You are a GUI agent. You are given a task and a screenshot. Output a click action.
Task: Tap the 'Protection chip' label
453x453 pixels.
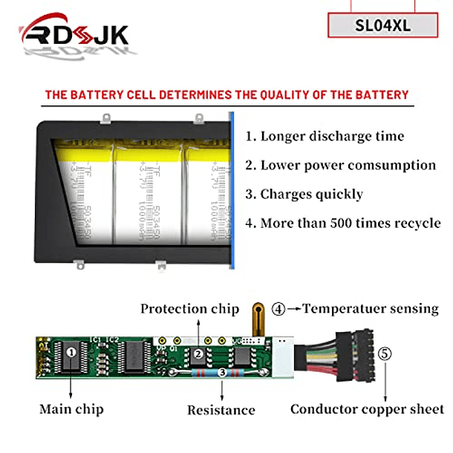coord(190,309)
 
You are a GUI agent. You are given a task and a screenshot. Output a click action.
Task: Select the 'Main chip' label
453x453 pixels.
coord(71,409)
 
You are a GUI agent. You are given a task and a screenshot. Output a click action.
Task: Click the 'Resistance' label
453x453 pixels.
coord(221,410)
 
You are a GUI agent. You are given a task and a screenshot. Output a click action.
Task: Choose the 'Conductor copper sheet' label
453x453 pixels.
coord(367,409)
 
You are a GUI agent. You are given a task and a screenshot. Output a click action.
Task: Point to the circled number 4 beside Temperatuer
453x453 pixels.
coord(277,309)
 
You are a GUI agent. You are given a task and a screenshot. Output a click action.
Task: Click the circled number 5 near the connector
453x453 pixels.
coord(384,353)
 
